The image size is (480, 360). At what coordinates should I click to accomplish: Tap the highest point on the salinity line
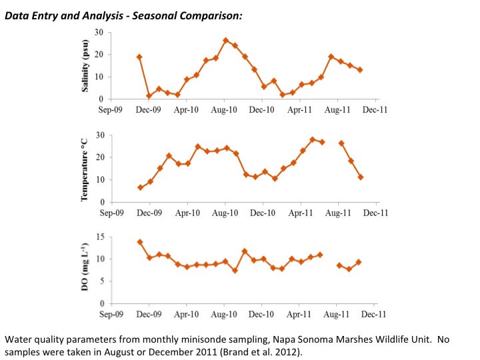(225, 41)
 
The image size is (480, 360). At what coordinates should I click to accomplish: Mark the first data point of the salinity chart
(139, 57)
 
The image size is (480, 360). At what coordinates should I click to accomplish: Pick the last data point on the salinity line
(360, 70)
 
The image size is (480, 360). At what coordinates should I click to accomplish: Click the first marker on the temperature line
(140, 187)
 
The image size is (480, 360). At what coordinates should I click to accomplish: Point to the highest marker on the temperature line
(312, 139)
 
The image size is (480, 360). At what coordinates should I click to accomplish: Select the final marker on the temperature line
(361, 177)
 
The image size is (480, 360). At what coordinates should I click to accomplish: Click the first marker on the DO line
(140, 242)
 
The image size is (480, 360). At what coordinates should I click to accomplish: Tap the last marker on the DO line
(359, 262)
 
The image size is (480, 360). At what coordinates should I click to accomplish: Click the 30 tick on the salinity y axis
(99, 32)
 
